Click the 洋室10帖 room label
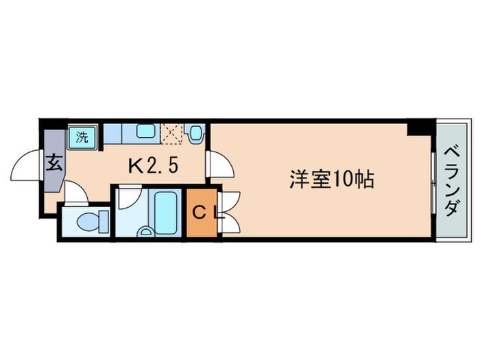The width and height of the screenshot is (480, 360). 331,180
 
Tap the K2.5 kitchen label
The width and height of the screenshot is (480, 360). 156,165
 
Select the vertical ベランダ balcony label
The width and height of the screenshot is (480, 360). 450,180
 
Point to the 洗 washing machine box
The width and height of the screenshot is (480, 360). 82,136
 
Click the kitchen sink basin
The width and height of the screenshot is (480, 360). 145,132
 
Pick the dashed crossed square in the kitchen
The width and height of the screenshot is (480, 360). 171,133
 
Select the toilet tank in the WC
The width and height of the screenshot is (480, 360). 104,221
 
